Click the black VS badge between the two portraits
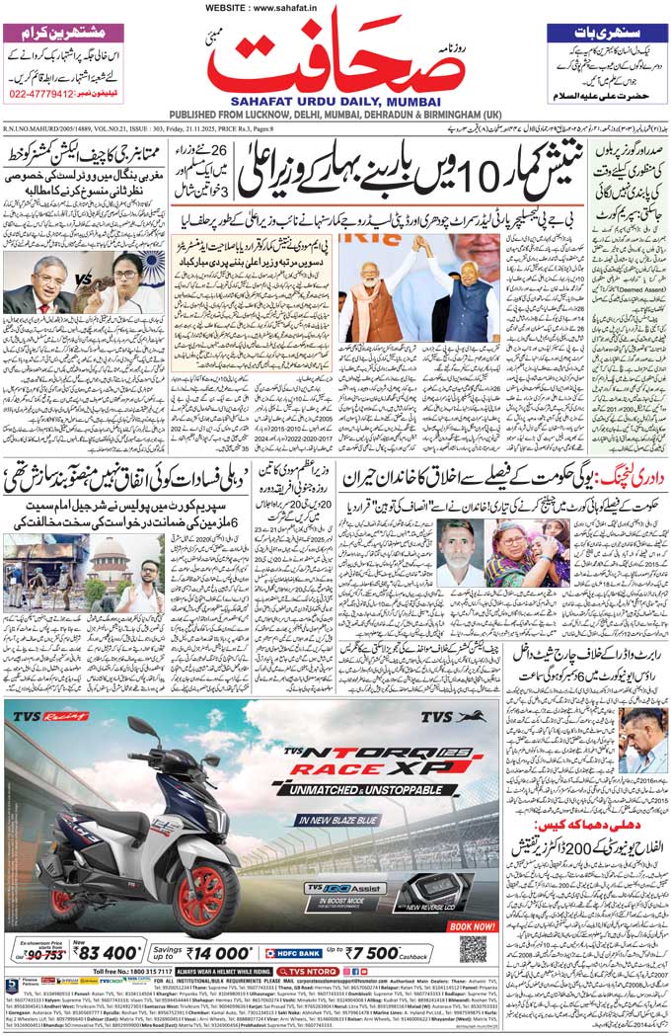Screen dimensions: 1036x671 pyautogui.click(x=84, y=279)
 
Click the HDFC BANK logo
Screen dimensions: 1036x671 pyautogui.click(x=295, y=953)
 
